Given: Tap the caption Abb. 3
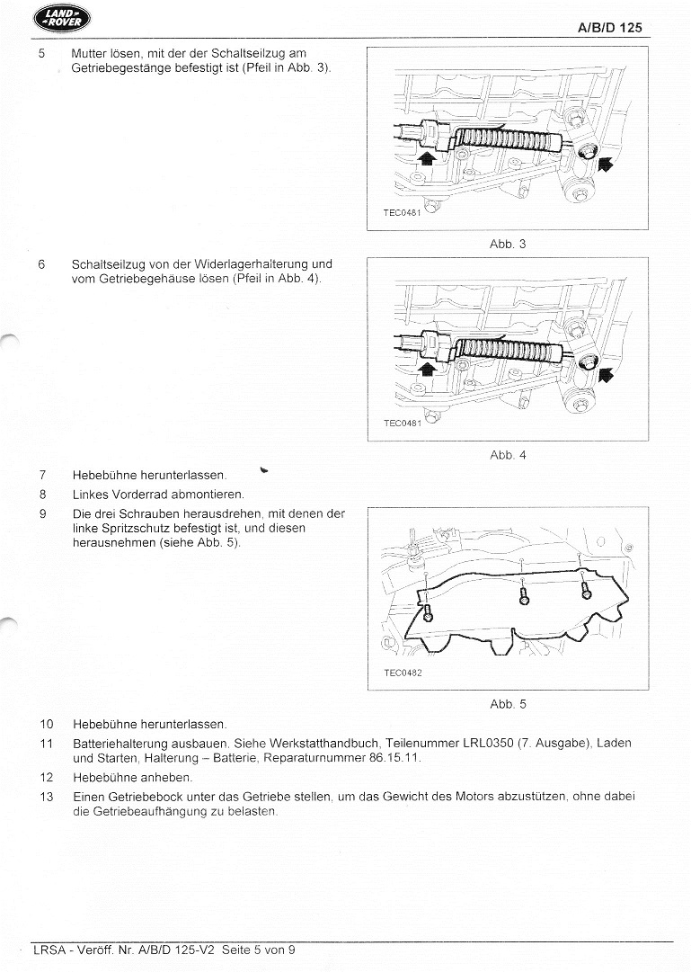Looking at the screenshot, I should tap(508, 244).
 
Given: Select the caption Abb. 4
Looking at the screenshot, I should tap(508, 455).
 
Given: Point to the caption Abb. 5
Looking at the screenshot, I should tap(508, 704).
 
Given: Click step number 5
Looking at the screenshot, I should tap(41, 54).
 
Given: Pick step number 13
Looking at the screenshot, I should tap(47, 797).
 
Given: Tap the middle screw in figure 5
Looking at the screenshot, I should tap(525, 595).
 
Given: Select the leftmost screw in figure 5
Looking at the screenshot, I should tap(428, 612).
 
